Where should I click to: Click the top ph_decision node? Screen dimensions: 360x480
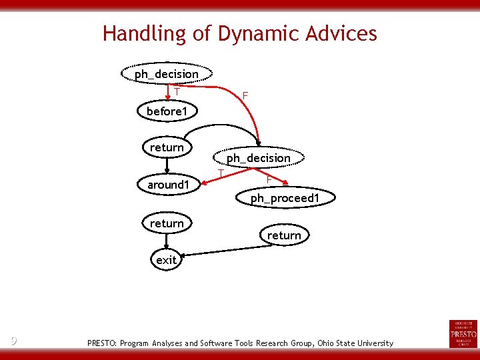[167, 74]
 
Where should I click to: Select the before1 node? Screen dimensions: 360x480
[166, 111]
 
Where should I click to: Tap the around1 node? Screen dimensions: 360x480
[169, 184]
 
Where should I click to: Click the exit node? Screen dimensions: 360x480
[166, 260]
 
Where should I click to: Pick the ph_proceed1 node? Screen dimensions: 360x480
[285, 198]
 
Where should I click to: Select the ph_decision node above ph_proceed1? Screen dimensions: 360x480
[259, 158]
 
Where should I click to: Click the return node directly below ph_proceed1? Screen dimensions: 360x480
[284, 235]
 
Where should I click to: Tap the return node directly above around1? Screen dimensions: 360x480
[167, 147]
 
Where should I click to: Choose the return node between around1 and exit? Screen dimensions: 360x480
[167, 223]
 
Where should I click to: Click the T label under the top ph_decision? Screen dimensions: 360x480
[177, 91]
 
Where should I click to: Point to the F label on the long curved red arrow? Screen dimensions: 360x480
[245, 97]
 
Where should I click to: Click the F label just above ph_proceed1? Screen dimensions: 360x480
[268, 179]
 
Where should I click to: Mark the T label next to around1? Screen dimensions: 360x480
[221, 173]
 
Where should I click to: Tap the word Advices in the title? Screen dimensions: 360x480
[343, 33]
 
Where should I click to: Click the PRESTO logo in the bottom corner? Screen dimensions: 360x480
[463, 333]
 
